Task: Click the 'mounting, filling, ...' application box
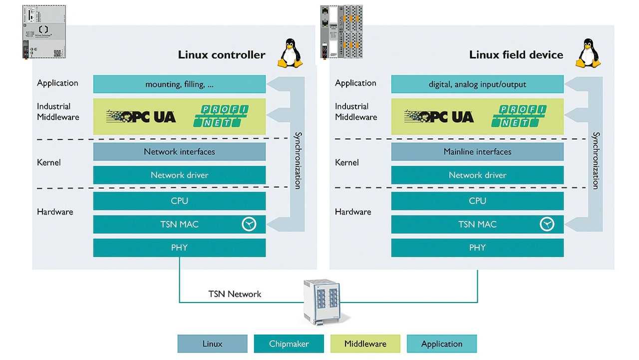click(x=179, y=84)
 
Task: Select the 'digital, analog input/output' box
click(x=477, y=84)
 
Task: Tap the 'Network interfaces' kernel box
click(x=179, y=152)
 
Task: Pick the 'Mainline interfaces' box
click(x=477, y=152)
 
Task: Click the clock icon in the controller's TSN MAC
click(x=249, y=224)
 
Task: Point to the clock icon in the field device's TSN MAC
click(x=547, y=224)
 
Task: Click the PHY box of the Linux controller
click(x=179, y=248)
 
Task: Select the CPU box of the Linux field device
click(x=477, y=201)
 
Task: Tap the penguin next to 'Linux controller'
click(x=290, y=53)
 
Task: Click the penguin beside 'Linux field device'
click(x=588, y=53)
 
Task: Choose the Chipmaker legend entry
click(x=289, y=344)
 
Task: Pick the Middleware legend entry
click(x=365, y=344)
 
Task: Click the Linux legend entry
click(x=212, y=344)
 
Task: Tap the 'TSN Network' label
click(x=235, y=294)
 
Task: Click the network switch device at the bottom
click(x=322, y=301)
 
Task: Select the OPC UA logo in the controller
click(x=141, y=117)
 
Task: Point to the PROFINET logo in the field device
click(x=519, y=116)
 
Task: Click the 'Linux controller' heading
click(x=222, y=55)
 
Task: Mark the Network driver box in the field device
click(x=477, y=175)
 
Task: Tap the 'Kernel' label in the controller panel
click(x=49, y=163)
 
